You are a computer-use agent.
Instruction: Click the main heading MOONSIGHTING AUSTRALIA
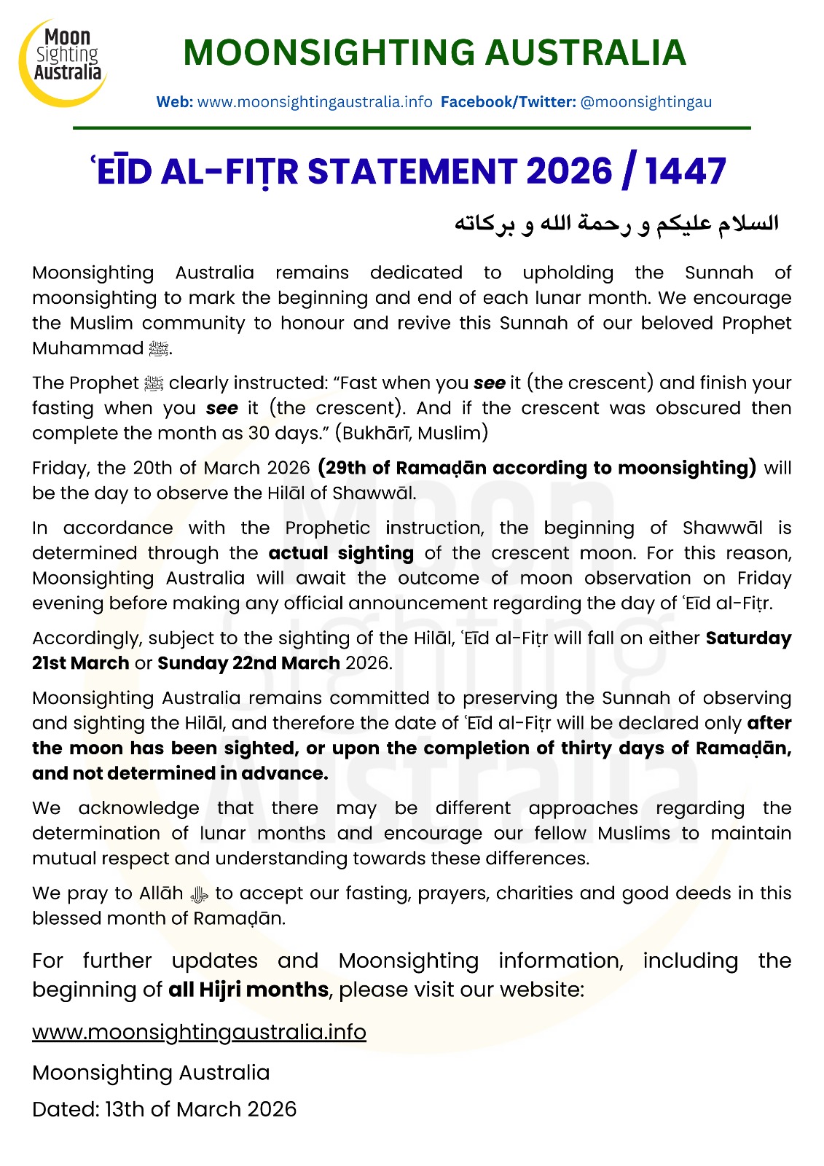[434, 52]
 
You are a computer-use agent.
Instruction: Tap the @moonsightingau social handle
[646, 102]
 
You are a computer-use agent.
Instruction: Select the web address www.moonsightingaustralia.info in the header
[315, 102]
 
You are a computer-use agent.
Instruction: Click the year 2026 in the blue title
[569, 172]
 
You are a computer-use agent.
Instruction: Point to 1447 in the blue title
[685, 172]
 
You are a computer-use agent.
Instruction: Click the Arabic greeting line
[616, 223]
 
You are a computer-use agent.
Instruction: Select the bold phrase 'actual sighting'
[341, 553]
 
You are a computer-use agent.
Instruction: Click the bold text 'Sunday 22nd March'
[248, 663]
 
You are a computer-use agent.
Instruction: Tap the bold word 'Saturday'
[748, 638]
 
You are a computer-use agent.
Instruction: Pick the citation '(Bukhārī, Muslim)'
[412, 433]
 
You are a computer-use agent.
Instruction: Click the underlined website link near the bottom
[199, 1032]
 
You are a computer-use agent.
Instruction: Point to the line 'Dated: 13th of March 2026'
[165, 1109]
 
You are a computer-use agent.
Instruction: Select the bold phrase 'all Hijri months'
[248, 990]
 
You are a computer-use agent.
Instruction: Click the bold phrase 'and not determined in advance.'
[180, 773]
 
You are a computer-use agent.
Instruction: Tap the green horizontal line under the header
[412, 128]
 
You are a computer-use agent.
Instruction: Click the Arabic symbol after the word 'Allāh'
[199, 894]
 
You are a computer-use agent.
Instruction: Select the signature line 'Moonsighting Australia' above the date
[151, 1073]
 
